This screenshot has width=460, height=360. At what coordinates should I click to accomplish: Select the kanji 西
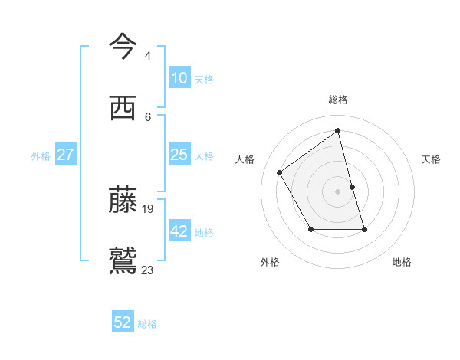123,108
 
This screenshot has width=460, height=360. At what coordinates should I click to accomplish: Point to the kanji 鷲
123,260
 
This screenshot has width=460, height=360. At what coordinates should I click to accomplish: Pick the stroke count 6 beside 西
147,116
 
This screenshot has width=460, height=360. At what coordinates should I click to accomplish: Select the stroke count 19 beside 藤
149,208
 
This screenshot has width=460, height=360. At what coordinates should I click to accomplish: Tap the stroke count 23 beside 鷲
148,270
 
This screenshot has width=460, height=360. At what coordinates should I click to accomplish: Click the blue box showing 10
179,78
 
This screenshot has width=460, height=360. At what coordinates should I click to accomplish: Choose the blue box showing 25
179,155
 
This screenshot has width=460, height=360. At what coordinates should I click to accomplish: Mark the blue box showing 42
179,231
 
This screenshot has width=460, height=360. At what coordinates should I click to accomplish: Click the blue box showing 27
65,155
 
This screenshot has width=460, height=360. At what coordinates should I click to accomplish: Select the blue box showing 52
123,322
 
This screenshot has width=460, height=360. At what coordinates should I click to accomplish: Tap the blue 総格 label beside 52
147,324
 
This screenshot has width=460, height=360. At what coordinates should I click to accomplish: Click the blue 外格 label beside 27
41,156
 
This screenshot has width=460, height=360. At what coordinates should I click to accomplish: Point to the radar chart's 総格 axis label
338,100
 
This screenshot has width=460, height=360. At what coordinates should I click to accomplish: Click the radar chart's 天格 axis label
431,159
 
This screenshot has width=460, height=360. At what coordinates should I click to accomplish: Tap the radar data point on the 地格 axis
364,229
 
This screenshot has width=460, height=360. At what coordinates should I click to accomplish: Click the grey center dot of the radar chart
338,191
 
